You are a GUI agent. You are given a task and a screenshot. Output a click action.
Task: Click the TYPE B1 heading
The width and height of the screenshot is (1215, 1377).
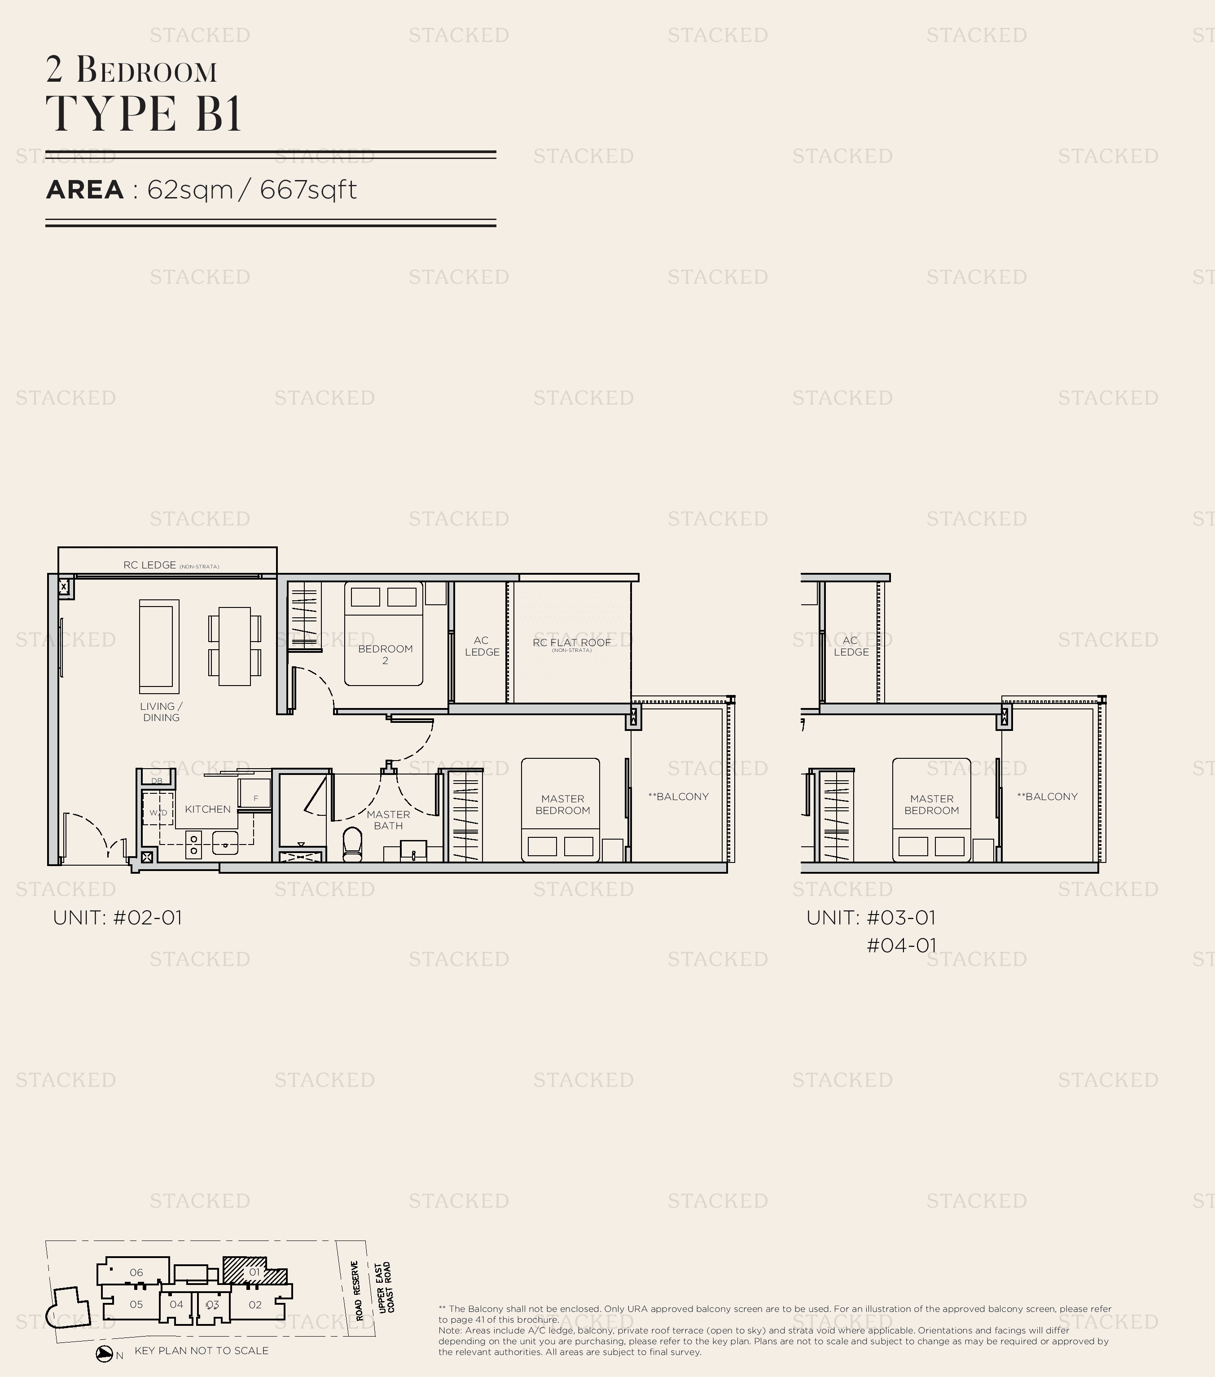point(144,113)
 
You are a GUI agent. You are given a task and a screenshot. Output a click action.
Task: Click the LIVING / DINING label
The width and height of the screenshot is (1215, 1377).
point(161,712)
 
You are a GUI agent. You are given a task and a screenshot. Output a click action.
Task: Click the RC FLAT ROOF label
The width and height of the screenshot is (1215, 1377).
point(571,642)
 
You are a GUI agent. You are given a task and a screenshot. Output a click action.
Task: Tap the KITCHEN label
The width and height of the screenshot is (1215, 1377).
point(207,809)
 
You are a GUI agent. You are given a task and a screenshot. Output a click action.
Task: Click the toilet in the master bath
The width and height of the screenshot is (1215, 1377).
point(352,844)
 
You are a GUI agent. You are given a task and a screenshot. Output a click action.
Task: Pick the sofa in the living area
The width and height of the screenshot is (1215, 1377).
point(159,646)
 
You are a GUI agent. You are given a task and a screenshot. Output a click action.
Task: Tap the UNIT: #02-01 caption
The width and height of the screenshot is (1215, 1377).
point(117,918)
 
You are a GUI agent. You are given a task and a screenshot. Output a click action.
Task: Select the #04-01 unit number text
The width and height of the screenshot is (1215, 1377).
point(901,945)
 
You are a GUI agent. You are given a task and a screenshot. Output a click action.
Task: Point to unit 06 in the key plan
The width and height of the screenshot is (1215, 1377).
point(136,1272)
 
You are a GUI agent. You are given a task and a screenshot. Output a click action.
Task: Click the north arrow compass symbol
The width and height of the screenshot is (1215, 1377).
point(105,1355)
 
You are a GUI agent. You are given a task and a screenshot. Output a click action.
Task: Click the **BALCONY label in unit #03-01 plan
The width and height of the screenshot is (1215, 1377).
point(1047,796)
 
